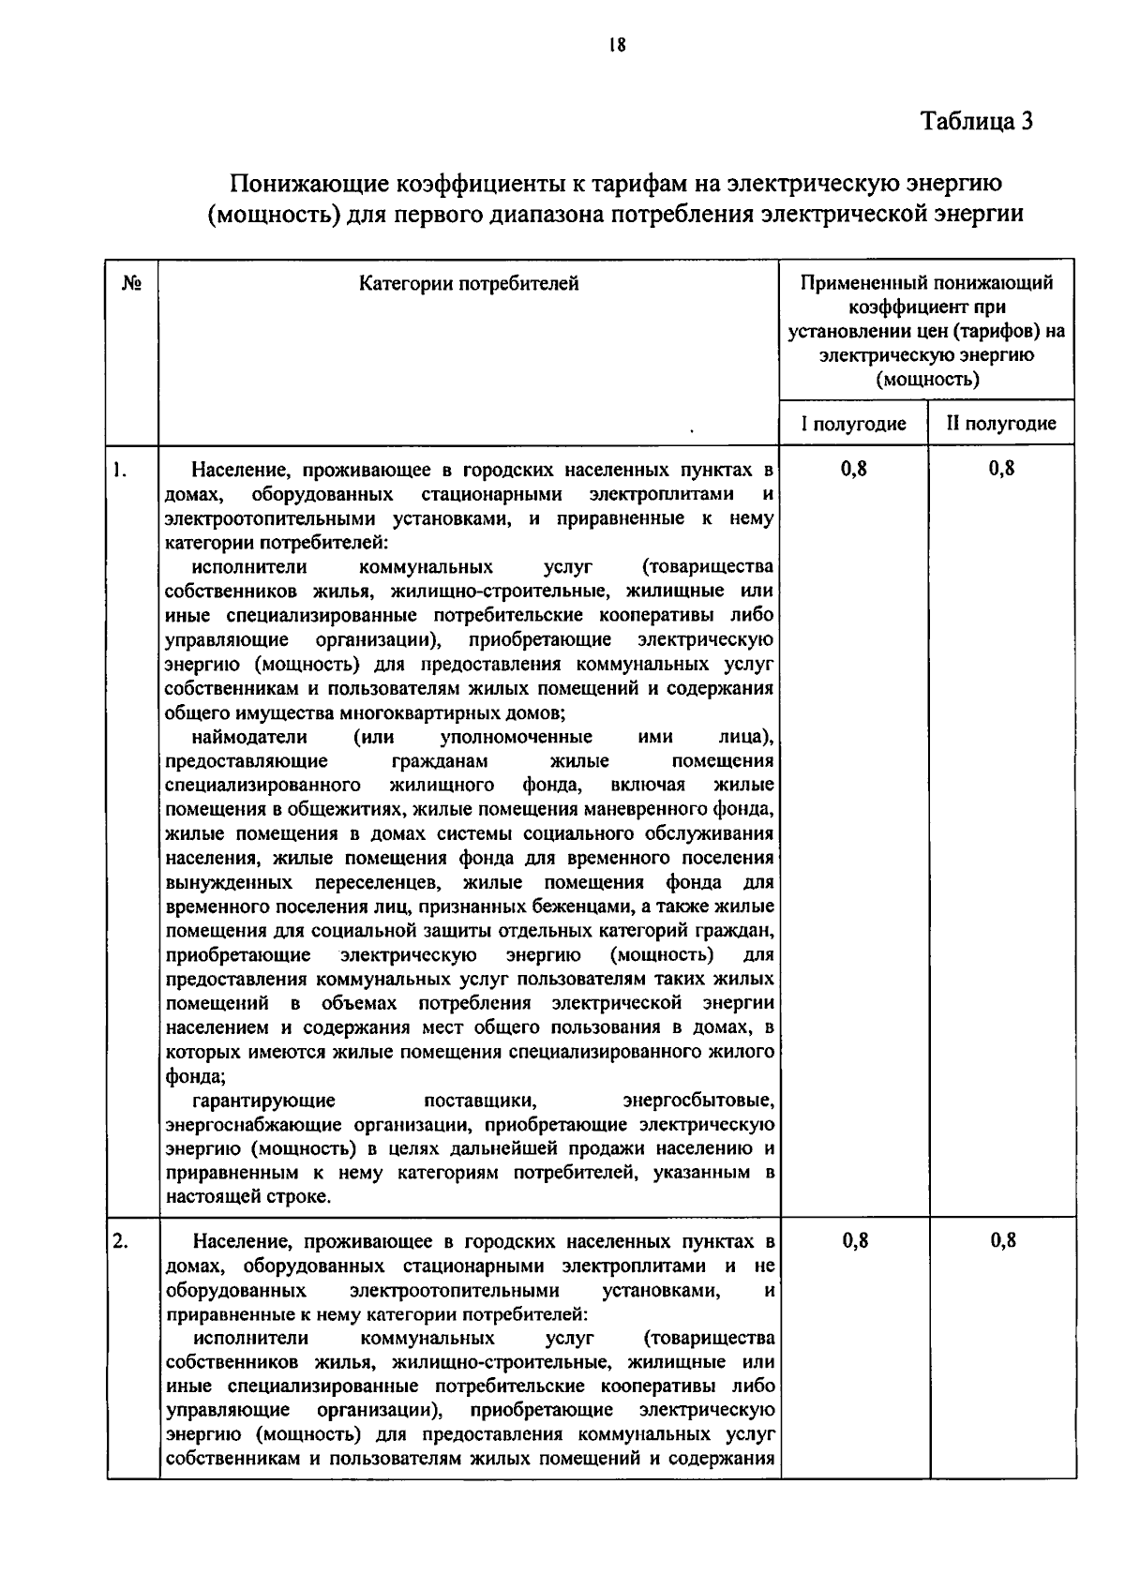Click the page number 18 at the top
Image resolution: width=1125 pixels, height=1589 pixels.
pyautogui.click(x=616, y=45)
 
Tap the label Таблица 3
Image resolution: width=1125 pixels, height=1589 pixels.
pyautogui.click(x=977, y=122)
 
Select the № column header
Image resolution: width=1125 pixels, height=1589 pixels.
pyautogui.click(x=132, y=283)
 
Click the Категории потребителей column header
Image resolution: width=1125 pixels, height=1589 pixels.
pyautogui.click(x=469, y=283)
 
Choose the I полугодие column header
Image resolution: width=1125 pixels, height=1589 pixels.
pyautogui.click(x=853, y=424)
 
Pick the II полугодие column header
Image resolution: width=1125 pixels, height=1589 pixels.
pyautogui.click(x=1001, y=424)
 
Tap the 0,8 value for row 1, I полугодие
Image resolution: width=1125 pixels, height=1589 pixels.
pyautogui.click(x=854, y=469)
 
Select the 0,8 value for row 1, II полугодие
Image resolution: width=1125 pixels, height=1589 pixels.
pyautogui.click(x=1002, y=469)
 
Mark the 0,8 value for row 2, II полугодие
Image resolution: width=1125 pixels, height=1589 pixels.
pyautogui.click(x=1003, y=1241)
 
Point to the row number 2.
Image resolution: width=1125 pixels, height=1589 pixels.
pyautogui.click(x=119, y=1241)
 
